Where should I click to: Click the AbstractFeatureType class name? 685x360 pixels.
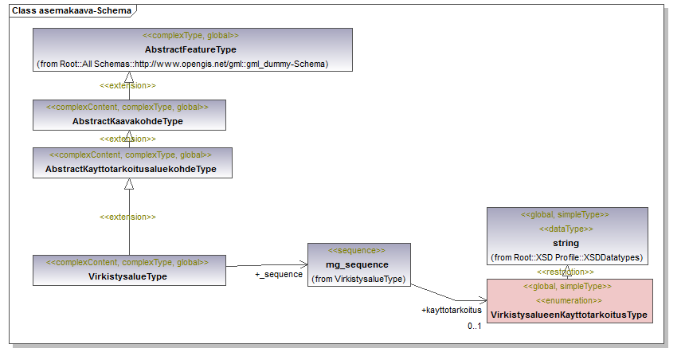click(x=190, y=50)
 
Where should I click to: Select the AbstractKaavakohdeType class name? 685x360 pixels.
click(x=127, y=121)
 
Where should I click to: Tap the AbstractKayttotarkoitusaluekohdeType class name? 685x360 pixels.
click(x=131, y=169)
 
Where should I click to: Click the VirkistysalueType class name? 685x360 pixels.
click(x=127, y=276)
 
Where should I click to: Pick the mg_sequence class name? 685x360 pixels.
click(x=357, y=264)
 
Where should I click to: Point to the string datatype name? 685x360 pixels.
click(x=566, y=243)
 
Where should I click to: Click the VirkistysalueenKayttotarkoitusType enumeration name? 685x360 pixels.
click(x=569, y=315)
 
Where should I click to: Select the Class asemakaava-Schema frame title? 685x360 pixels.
click(x=72, y=10)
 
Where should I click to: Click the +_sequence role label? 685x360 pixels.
click(x=279, y=274)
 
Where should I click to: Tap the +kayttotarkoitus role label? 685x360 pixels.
click(x=452, y=310)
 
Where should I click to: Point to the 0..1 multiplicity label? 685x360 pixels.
click(x=475, y=326)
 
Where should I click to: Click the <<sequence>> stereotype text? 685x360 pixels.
click(x=357, y=250)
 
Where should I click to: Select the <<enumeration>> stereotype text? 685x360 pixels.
click(x=569, y=300)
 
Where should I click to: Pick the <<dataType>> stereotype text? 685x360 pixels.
click(x=566, y=229)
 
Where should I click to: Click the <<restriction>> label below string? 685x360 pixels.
click(x=566, y=272)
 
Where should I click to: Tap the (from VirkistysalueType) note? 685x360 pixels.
click(x=358, y=279)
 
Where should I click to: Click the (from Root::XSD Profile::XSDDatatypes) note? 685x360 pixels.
click(x=567, y=257)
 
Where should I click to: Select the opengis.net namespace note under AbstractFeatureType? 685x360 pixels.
click(x=182, y=64)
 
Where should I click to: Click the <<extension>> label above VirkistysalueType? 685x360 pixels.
click(x=127, y=217)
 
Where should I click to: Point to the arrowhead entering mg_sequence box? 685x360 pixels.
click(x=303, y=264)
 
